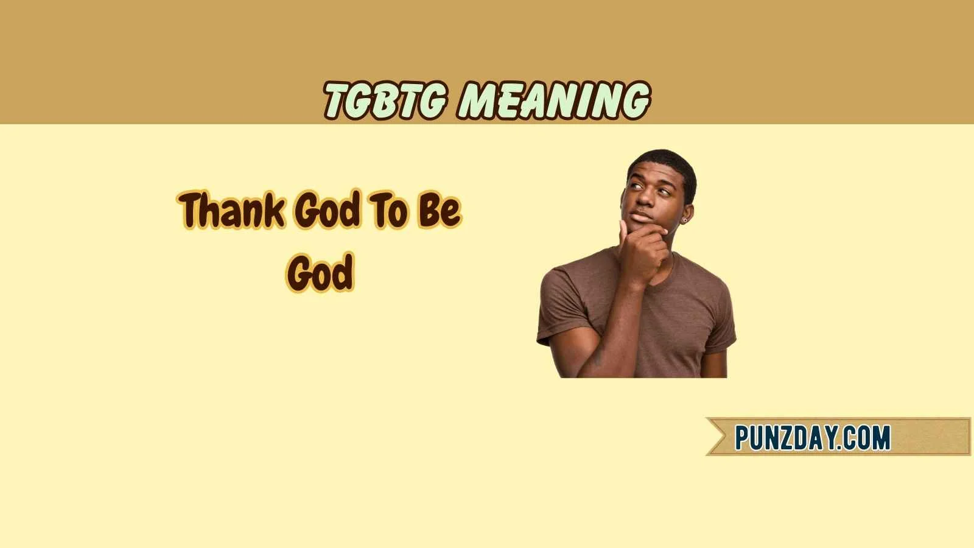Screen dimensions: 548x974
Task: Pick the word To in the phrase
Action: (x=387, y=210)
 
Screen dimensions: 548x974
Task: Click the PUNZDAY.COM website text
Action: (x=812, y=437)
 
